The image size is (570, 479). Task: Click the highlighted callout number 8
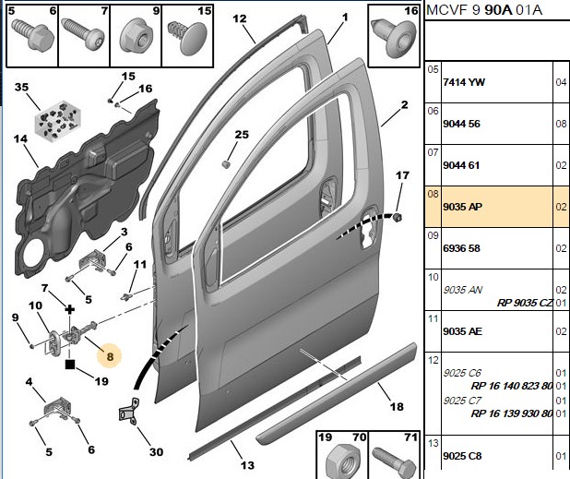(110, 356)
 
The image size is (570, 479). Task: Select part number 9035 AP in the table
(462, 207)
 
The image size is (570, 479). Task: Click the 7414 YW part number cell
(464, 82)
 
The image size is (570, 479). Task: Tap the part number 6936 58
(462, 248)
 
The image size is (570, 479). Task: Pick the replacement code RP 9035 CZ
(525, 303)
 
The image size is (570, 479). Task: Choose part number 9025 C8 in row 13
(462, 456)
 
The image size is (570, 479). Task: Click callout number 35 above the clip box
(21, 88)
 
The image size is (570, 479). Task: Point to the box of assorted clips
(57, 120)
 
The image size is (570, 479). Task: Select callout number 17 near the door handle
(402, 175)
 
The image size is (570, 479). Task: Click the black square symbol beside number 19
(70, 365)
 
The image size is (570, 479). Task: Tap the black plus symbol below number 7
(69, 310)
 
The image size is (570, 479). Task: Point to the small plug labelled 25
(226, 164)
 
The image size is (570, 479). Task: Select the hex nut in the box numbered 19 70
(341, 461)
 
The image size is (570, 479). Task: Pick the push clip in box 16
(394, 38)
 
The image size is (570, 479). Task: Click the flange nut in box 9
(136, 37)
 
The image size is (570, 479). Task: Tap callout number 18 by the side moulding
(397, 406)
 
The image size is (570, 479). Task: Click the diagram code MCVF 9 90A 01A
(484, 10)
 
